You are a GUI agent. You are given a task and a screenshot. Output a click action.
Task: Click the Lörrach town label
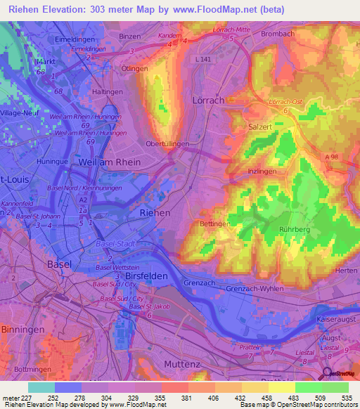tap(208, 100)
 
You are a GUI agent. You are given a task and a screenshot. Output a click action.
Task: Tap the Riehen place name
tap(155, 212)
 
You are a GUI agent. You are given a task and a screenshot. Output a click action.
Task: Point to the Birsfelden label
tap(146, 276)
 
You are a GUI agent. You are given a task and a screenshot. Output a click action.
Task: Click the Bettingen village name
tap(215, 223)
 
